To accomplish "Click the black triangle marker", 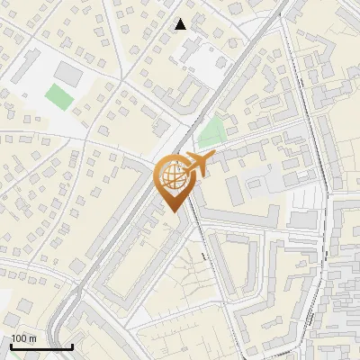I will pos(181,24).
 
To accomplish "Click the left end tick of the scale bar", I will pos(11,346).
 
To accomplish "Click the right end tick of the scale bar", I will pos(72,346).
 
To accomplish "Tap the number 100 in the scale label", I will pos(18,338).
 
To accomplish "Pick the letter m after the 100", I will pos(32,338).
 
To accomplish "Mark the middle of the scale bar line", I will pos(41,347).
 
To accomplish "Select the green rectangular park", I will pos(58,95).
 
